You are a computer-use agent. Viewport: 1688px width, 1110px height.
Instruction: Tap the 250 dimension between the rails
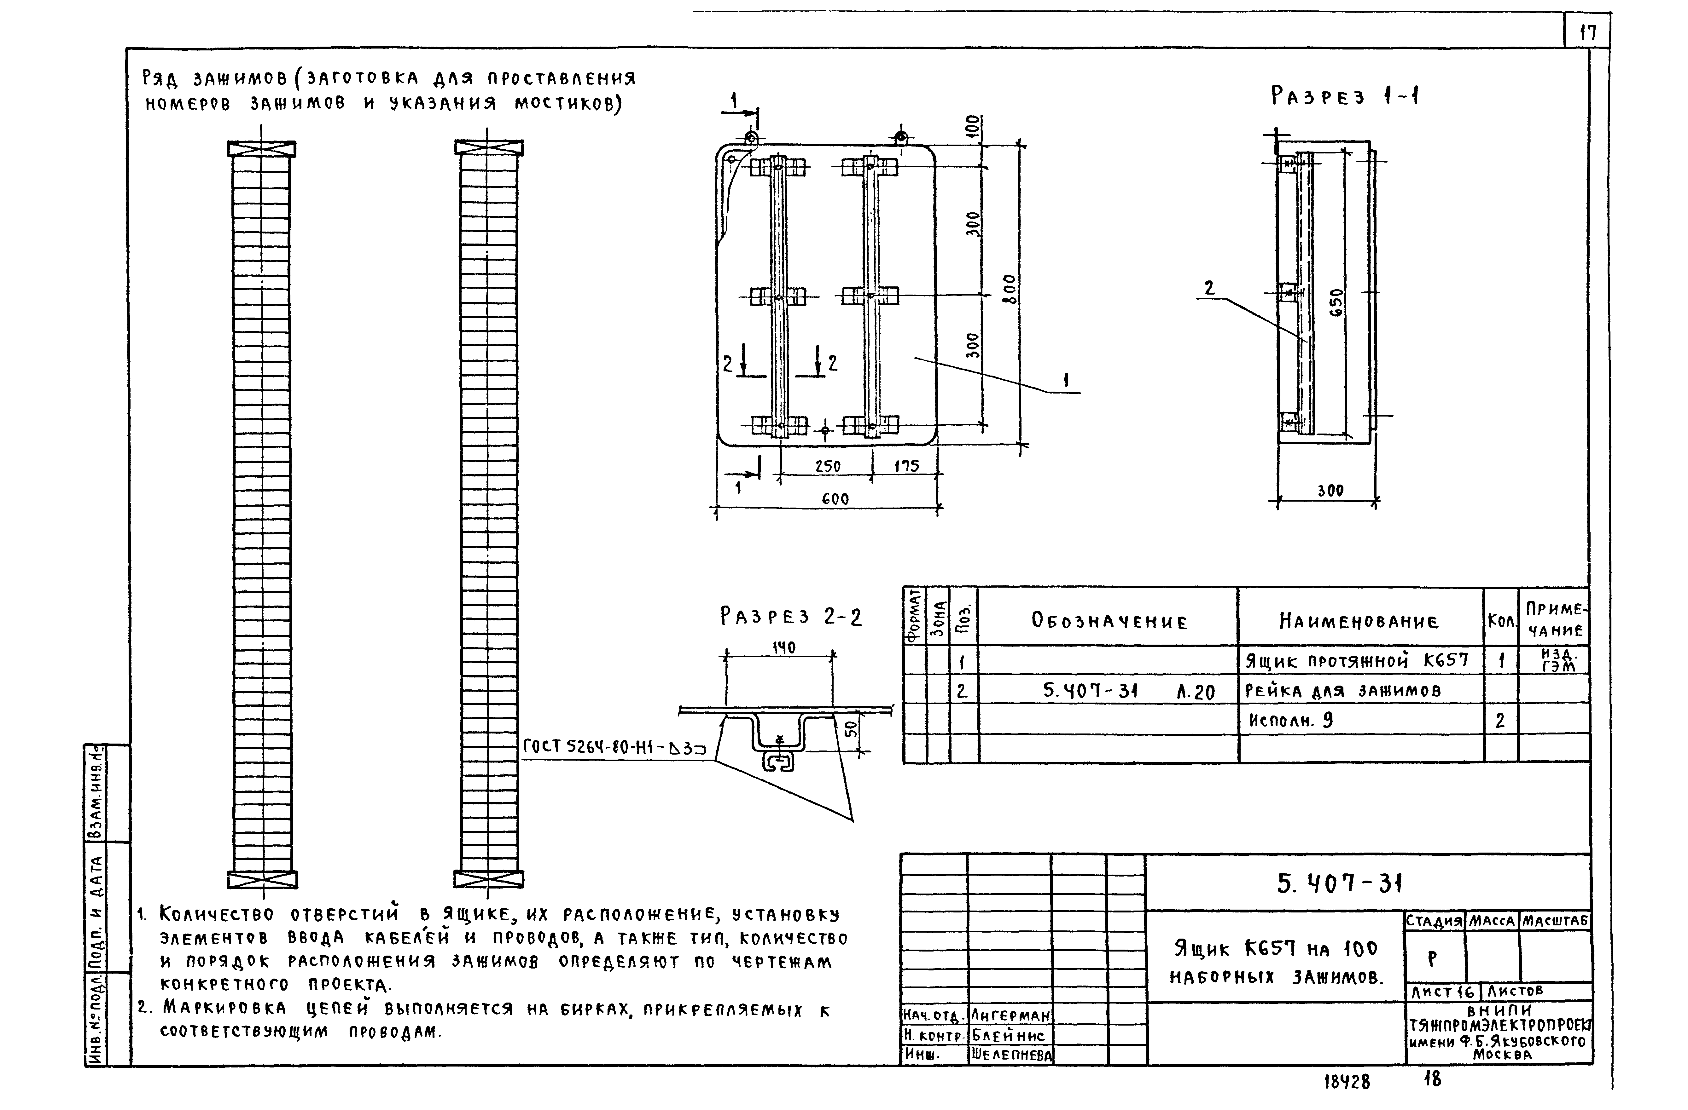(x=827, y=466)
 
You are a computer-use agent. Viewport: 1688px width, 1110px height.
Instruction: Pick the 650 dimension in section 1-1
(x=1336, y=303)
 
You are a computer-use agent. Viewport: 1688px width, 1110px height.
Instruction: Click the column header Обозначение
(x=1109, y=622)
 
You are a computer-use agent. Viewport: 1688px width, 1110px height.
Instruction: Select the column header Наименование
(x=1359, y=622)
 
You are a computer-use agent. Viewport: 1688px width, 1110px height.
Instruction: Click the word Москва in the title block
(x=1501, y=1055)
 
